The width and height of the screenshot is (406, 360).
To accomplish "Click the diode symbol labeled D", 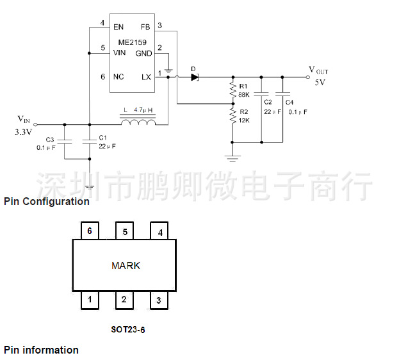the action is click(195, 77).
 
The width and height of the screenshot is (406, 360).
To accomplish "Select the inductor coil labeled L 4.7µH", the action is click(138, 122).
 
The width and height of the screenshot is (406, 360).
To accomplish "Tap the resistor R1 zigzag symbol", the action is click(233, 90).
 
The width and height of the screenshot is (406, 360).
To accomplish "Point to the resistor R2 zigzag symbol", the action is click(233, 116).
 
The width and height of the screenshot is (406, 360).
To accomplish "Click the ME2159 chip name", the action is click(133, 42).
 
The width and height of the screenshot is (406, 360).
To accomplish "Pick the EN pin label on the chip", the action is click(118, 27).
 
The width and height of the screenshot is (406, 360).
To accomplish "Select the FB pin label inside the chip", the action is click(145, 27).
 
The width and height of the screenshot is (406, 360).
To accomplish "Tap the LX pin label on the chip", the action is click(146, 77).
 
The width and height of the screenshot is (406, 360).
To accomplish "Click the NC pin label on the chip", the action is click(118, 77).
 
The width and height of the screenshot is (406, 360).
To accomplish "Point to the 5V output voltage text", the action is click(320, 83).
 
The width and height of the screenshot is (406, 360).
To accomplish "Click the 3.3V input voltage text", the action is click(23, 132).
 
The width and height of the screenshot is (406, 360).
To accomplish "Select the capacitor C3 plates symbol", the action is click(65, 142).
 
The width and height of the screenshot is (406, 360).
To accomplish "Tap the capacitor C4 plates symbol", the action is click(282, 94).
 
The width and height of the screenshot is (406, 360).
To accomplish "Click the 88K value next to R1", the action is click(243, 95).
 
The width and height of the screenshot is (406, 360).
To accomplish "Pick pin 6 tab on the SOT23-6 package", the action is click(90, 231).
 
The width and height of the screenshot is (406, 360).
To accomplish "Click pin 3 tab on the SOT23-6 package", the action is click(159, 300).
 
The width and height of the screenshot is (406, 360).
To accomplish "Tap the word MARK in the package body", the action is click(126, 265).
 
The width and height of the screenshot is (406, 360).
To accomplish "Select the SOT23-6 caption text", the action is click(128, 329).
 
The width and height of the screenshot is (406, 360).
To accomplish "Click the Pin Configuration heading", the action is click(47, 201).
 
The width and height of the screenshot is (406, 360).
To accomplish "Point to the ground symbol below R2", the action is click(232, 158).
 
